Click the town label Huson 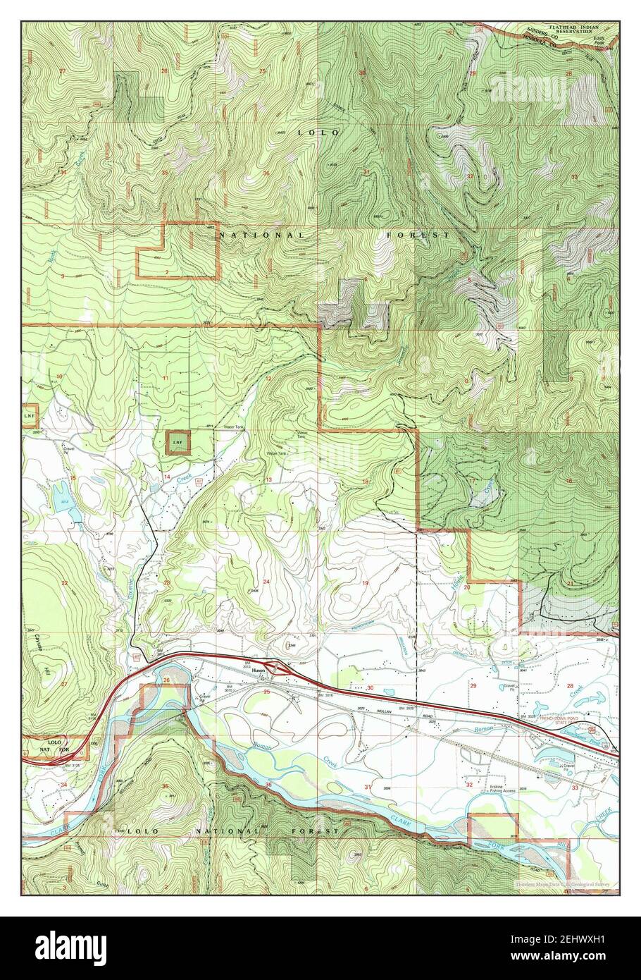point(258,673)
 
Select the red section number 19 point(365,582)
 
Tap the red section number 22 point(64,583)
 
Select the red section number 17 point(471,481)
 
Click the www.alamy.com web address point(588,957)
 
